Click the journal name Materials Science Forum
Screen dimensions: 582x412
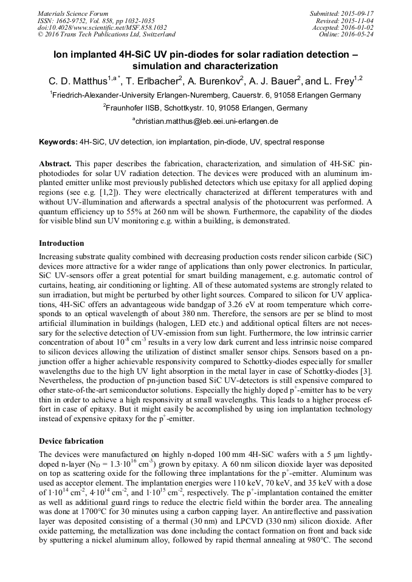click(x=73, y=13)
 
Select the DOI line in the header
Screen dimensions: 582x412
click(x=94, y=27)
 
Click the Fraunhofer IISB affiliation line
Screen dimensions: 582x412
click(x=206, y=108)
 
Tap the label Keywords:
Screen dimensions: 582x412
click(x=58, y=142)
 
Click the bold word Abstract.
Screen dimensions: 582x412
click(x=55, y=164)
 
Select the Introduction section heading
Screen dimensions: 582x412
click(x=61, y=243)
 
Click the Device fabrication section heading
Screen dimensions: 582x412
click(x=70, y=441)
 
